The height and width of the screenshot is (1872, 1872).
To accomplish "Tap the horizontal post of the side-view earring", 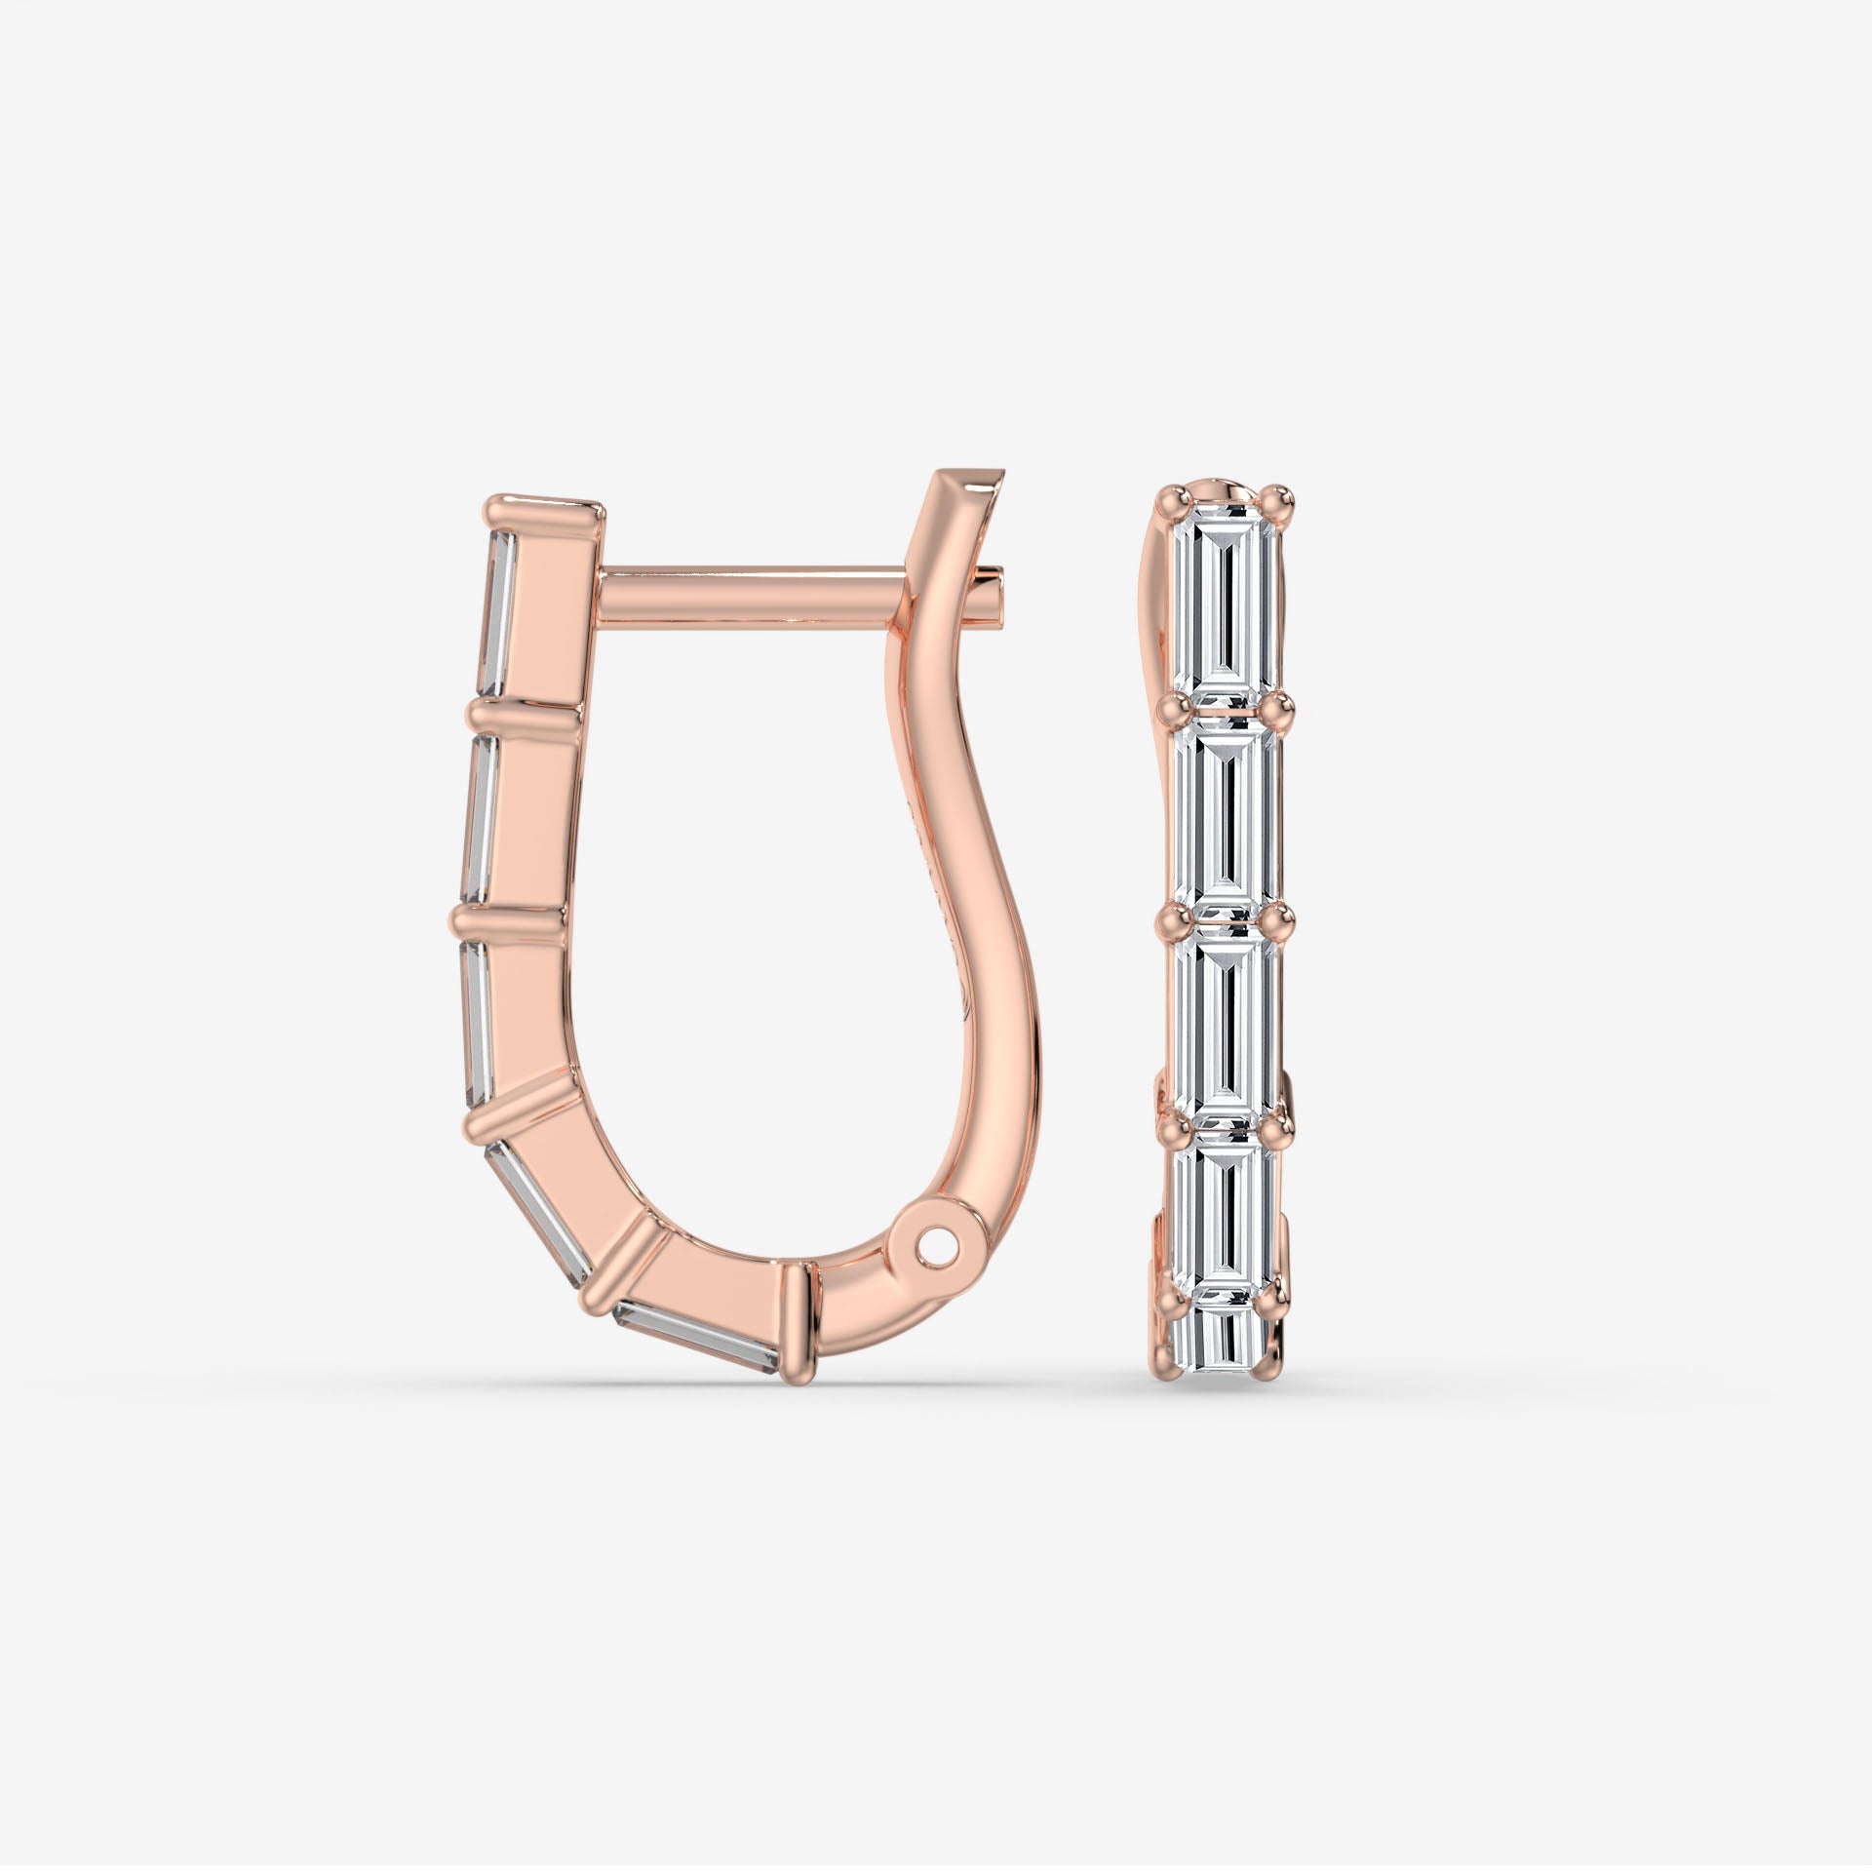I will click(x=751, y=596).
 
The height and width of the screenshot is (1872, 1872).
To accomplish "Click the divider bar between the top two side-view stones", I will click(x=526, y=717).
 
